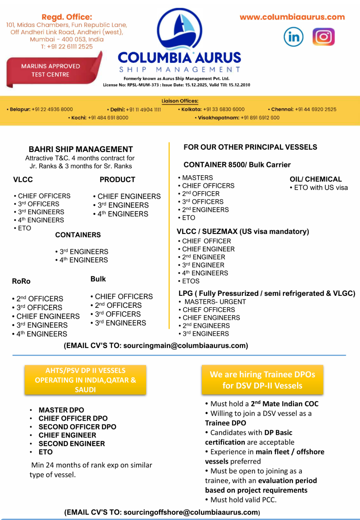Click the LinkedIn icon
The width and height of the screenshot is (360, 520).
(293, 37)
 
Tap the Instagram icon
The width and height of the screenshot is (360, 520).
(323, 37)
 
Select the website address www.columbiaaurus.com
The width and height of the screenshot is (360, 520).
(292, 17)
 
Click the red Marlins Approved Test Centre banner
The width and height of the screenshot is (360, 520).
(52, 70)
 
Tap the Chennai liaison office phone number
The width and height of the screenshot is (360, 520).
(316, 110)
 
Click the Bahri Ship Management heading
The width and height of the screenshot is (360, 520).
(81, 149)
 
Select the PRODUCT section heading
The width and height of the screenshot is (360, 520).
(117, 180)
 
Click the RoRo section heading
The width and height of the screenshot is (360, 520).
(21, 281)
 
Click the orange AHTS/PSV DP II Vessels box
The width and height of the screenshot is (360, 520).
(85, 380)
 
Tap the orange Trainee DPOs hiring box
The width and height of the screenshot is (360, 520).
(262, 380)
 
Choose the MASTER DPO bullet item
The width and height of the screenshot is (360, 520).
(61, 410)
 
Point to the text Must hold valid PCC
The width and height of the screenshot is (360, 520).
(243, 500)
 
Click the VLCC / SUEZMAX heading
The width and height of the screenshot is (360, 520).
(243, 232)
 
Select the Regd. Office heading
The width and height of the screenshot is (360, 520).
(67, 17)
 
